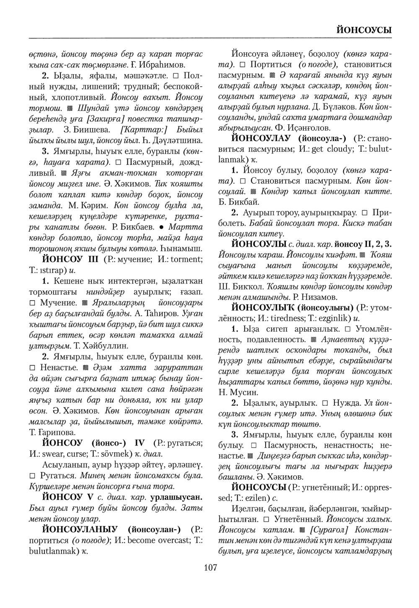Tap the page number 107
click(210, 567)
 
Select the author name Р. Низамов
click(314, 297)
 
